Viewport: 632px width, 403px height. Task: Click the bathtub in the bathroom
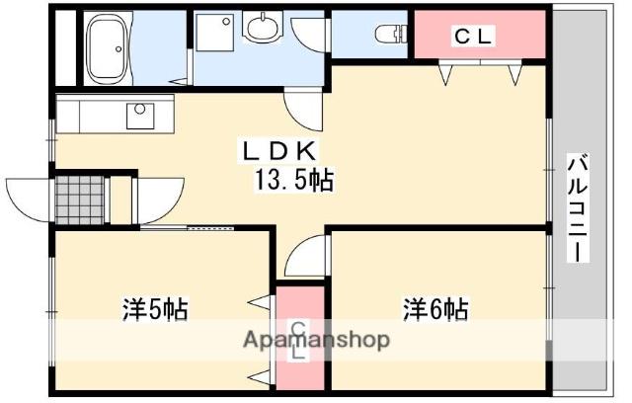[x=108, y=48]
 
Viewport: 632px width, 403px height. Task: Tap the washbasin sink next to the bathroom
[x=263, y=29]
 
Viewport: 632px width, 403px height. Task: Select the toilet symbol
[x=390, y=34]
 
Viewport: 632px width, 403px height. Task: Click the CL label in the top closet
[x=473, y=37]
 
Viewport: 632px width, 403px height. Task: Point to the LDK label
[x=278, y=151]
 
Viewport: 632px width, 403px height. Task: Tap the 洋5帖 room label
[x=155, y=309]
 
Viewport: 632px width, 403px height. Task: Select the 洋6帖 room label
[x=435, y=309]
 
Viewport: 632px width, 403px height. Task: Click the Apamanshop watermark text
[x=317, y=340]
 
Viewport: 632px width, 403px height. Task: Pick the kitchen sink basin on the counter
[x=140, y=117]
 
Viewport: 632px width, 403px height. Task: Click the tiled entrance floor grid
[x=80, y=200]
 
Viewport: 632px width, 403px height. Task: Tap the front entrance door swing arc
[x=28, y=200]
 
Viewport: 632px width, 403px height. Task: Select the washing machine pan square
[x=214, y=33]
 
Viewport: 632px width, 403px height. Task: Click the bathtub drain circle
[x=118, y=48]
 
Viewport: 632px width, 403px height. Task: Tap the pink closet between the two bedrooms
[x=300, y=338]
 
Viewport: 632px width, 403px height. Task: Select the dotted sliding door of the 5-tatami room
[x=210, y=228]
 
